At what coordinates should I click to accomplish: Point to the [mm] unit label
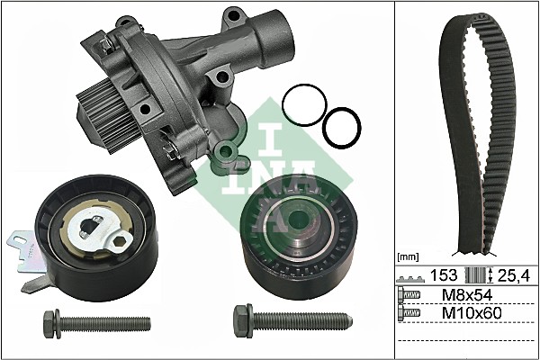[410, 257]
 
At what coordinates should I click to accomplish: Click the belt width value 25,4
[515, 274]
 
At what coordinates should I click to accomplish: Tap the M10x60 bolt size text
[470, 312]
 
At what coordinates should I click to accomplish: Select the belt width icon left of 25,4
[485, 274]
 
